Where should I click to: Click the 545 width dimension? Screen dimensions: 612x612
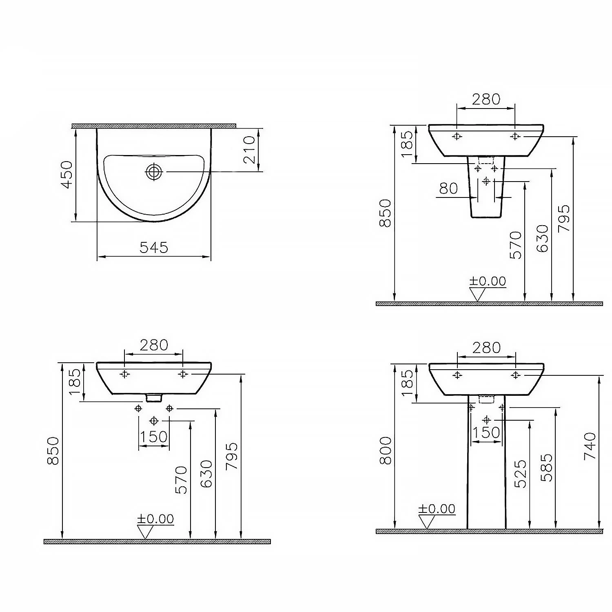(x=154, y=247)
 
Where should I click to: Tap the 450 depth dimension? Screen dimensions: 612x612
(x=67, y=174)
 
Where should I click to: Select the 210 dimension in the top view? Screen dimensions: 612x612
(x=249, y=149)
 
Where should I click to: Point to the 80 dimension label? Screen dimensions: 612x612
(x=448, y=188)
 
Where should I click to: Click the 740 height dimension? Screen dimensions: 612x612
(x=590, y=446)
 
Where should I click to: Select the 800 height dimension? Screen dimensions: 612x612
(x=386, y=450)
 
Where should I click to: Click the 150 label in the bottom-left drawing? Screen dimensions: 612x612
(x=154, y=437)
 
